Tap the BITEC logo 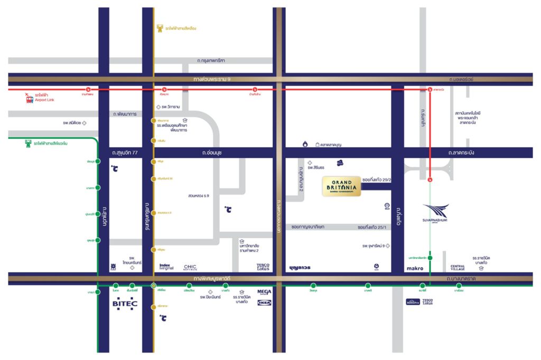(125, 304)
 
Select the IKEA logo (264, 302)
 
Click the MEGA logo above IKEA (264, 291)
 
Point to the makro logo (415, 268)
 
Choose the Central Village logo (458, 268)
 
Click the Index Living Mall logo (166, 267)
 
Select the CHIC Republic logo (190, 267)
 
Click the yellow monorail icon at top (160, 29)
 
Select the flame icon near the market (305, 144)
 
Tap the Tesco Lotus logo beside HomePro (428, 301)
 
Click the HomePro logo (413, 301)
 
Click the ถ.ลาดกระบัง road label (461, 153)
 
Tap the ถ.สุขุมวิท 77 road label (125, 153)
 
